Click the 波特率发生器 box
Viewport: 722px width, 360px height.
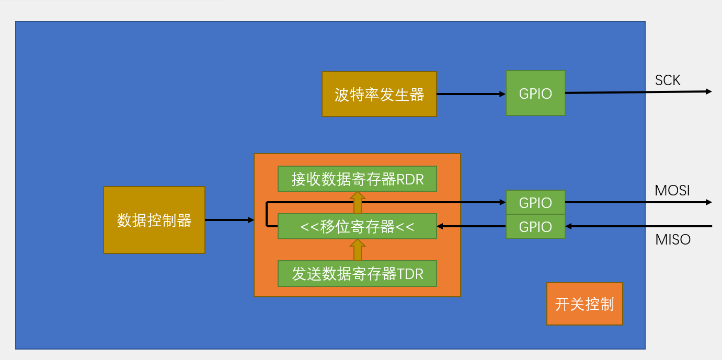click(379, 94)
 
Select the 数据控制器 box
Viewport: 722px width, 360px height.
click(154, 220)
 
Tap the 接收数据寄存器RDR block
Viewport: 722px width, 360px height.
click(357, 179)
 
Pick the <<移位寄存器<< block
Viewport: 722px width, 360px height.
click(357, 227)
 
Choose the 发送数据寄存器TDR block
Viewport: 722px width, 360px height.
click(357, 273)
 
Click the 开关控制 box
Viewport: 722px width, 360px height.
click(585, 304)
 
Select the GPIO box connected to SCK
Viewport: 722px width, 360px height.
click(535, 93)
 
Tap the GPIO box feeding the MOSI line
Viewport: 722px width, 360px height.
click(535, 203)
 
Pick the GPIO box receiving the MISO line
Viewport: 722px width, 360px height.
click(535, 227)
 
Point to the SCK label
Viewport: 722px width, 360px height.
click(668, 80)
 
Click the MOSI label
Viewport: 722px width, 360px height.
click(672, 191)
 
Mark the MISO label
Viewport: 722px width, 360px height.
click(673, 240)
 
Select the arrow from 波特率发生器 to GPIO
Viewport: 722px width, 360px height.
click(471, 94)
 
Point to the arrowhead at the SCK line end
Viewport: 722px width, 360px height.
click(708, 91)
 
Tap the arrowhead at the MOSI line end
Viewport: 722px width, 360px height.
click(708, 202)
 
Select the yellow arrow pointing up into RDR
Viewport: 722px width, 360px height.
click(358, 202)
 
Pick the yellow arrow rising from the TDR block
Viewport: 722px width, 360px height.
click(358, 250)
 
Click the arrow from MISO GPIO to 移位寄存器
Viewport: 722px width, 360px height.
click(471, 226)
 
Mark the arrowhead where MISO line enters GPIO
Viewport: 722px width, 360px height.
click(569, 226)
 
